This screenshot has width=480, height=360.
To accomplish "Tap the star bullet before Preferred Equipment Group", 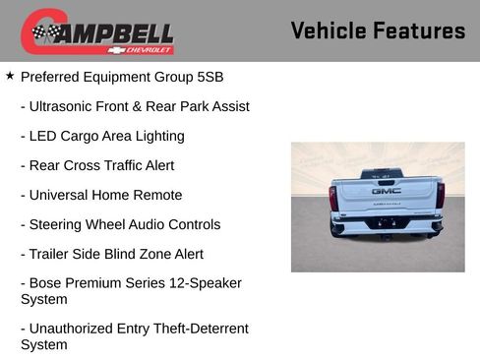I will coord(10,75).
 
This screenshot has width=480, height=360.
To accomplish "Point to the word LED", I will coord(45,136).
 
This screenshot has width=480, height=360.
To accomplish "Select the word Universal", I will coord(61,195).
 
